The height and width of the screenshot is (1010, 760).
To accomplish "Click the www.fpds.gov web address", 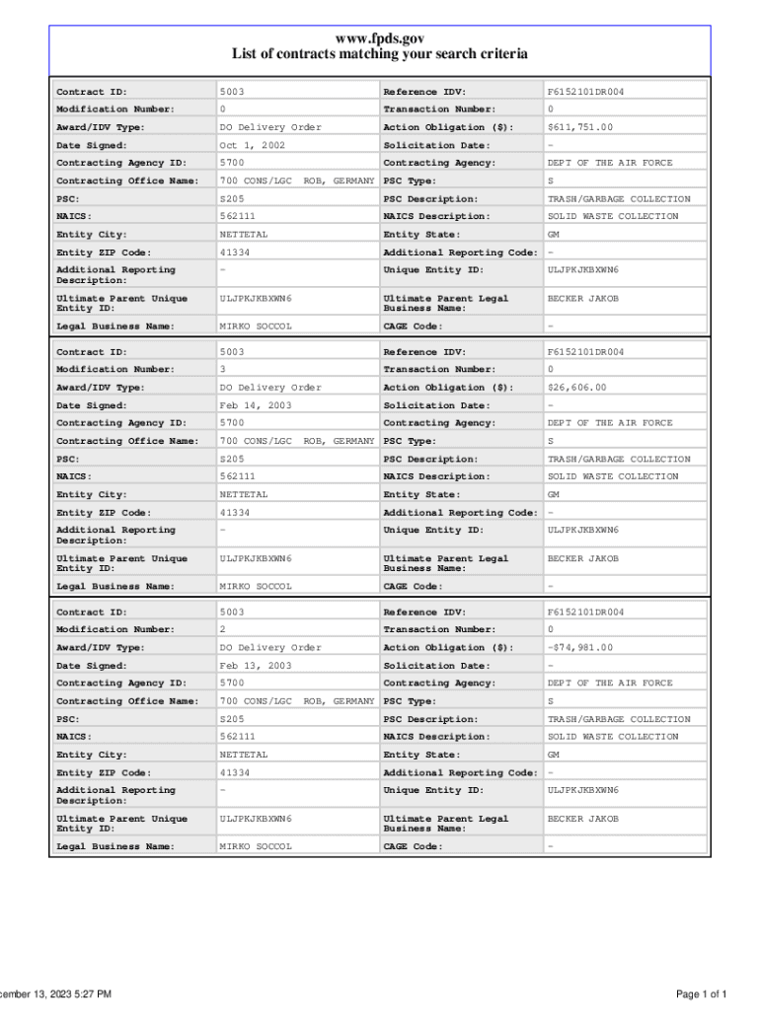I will click(x=380, y=37).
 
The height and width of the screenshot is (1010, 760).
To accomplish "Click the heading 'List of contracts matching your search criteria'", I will click(x=380, y=54).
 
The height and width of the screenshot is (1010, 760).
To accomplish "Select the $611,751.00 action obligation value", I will click(x=580, y=127).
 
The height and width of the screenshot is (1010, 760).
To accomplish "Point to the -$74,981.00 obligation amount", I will click(x=580, y=648).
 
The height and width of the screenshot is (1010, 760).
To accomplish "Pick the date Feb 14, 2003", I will click(x=256, y=405).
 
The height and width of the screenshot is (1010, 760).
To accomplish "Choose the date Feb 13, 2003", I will click(x=256, y=666).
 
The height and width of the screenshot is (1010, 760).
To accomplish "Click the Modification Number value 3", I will click(x=223, y=369).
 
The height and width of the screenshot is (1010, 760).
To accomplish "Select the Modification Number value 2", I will click(x=223, y=629).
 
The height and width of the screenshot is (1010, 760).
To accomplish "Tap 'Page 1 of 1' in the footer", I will click(x=702, y=993).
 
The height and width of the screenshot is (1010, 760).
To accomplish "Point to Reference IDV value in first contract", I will click(x=586, y=92).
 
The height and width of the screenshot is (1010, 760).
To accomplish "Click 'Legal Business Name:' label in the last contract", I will click(x=115, y=846).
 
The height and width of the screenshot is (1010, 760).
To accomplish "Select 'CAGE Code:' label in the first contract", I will click(x=413, y=325).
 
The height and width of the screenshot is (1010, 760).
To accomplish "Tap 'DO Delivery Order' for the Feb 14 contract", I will click(x=270, y=388).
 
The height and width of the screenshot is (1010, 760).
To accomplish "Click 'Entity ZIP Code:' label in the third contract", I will click(x=104, y=772).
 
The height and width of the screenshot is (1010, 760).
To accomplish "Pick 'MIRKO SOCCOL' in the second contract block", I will click(x=256, y=586).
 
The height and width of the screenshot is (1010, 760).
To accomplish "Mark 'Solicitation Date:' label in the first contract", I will click(x=435, y=145).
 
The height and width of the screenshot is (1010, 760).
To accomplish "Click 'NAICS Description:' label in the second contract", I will click(x=436, y=476).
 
